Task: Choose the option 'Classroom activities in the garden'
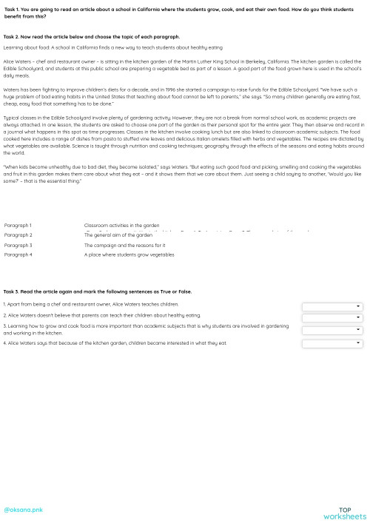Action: [121, 224]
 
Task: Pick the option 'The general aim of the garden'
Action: [118, 235]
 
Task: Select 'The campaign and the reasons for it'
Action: [124, 245]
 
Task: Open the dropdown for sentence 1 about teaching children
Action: [332, 306]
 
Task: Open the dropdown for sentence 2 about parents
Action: [332, 318]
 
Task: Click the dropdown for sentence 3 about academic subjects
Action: [332, 331]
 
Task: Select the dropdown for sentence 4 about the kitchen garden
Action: [332, 343]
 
